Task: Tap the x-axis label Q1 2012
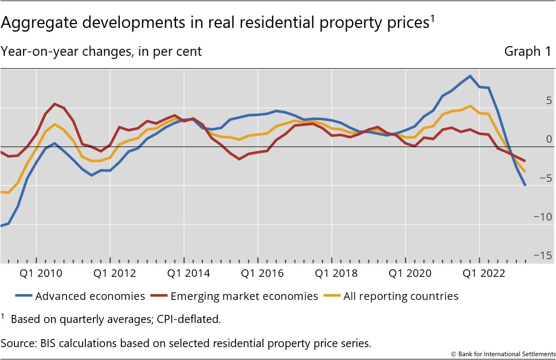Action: tap(114, 273)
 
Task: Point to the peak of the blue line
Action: tap(470, 76)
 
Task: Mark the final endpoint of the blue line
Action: tap(525, 186)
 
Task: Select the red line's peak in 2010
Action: tap(55, 104)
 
